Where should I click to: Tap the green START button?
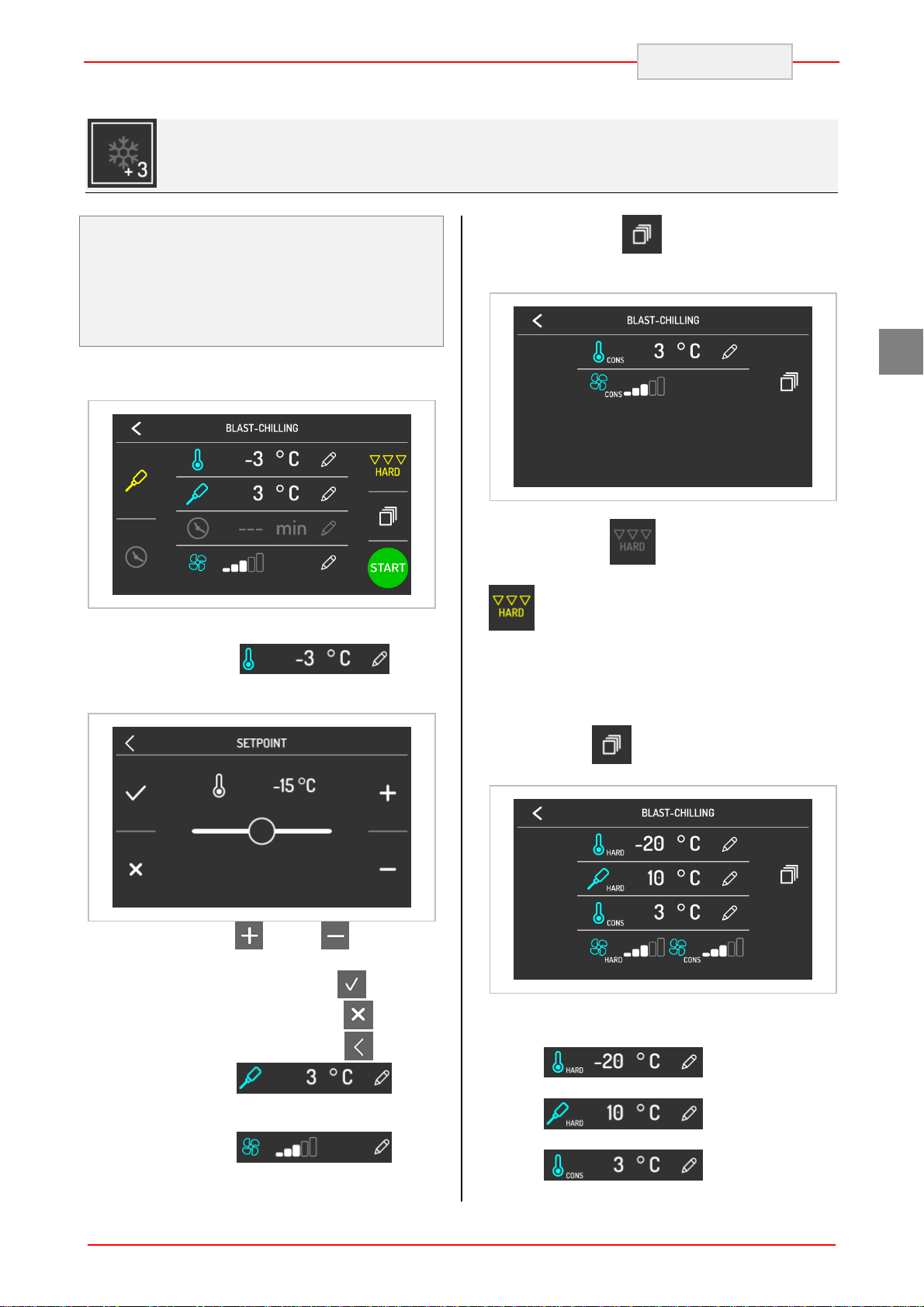[387, 567]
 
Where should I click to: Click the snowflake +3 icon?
[122, 153]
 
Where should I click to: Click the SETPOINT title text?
[261, 743]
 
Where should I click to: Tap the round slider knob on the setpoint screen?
[261, 831]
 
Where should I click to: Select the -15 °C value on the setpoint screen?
[294, 786]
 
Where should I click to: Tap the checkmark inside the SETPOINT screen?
[136, 793]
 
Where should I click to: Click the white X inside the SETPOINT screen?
[136, 870]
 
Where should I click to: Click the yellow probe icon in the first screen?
[136, 481]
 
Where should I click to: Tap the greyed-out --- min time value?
[272, 529]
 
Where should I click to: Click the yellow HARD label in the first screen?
[388, 472]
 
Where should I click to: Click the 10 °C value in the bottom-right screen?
[673, 878]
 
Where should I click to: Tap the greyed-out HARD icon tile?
[632, 541]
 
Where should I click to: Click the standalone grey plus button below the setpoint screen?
[249, 935]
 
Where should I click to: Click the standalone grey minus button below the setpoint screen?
[335, 935]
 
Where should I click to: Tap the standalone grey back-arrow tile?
[358, 1046]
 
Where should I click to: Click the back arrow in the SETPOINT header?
[130, 743]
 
